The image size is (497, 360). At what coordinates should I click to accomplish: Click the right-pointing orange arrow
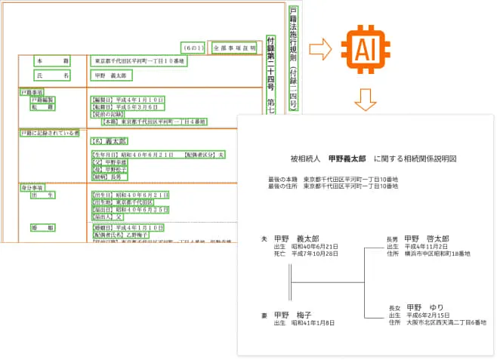coord(320,51)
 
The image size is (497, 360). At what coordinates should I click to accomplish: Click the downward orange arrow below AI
coord(365,98)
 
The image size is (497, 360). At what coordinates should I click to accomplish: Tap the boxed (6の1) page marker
coord(191,46)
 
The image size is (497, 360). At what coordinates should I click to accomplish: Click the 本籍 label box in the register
coord(52,60)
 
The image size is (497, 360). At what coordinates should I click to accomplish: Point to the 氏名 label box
coord(52,75)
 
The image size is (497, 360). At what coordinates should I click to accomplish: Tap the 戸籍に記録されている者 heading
coord(49,133)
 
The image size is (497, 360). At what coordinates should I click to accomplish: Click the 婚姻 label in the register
coord(45,226)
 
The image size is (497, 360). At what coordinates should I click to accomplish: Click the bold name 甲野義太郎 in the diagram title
coord(347,160)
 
